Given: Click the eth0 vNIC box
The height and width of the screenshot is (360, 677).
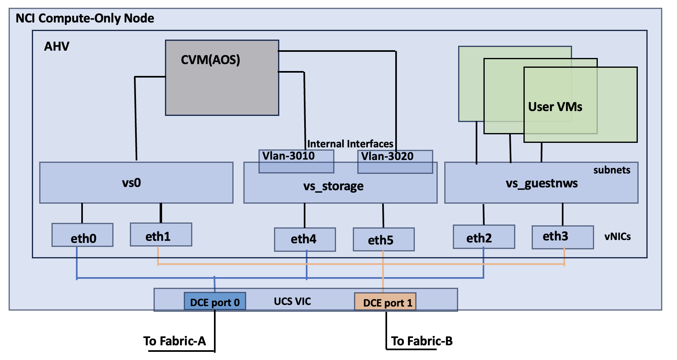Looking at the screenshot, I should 82,236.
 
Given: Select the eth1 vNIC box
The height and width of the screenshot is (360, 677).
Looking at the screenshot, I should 161,235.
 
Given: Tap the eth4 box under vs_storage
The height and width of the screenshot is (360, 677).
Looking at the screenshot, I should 305,240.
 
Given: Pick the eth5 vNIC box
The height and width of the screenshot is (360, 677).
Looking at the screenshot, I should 383,240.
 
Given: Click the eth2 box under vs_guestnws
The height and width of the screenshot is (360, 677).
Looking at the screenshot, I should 483,237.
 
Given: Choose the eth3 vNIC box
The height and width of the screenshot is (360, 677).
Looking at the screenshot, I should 562,237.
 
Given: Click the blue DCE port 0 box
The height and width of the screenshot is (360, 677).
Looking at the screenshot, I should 215,302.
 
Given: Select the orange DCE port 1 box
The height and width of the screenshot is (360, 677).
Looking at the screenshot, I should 385,302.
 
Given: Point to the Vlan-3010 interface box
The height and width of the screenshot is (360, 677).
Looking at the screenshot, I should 296,161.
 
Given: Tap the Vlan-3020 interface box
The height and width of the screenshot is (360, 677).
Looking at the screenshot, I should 395,162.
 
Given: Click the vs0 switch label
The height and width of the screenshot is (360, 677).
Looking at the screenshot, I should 131,182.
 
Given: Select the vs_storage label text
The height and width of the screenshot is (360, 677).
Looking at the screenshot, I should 333,187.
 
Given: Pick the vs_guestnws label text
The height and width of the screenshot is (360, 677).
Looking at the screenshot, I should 541,183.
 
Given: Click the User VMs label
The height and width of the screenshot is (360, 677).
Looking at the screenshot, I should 555,107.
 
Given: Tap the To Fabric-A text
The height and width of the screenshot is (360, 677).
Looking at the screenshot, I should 174,341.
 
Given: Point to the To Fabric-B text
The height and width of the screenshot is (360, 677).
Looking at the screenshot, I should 422,341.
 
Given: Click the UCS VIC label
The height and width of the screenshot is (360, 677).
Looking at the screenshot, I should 292,302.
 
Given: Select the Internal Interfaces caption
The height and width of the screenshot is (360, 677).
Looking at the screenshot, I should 350,144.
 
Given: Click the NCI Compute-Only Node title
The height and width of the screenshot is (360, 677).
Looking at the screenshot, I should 85,18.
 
